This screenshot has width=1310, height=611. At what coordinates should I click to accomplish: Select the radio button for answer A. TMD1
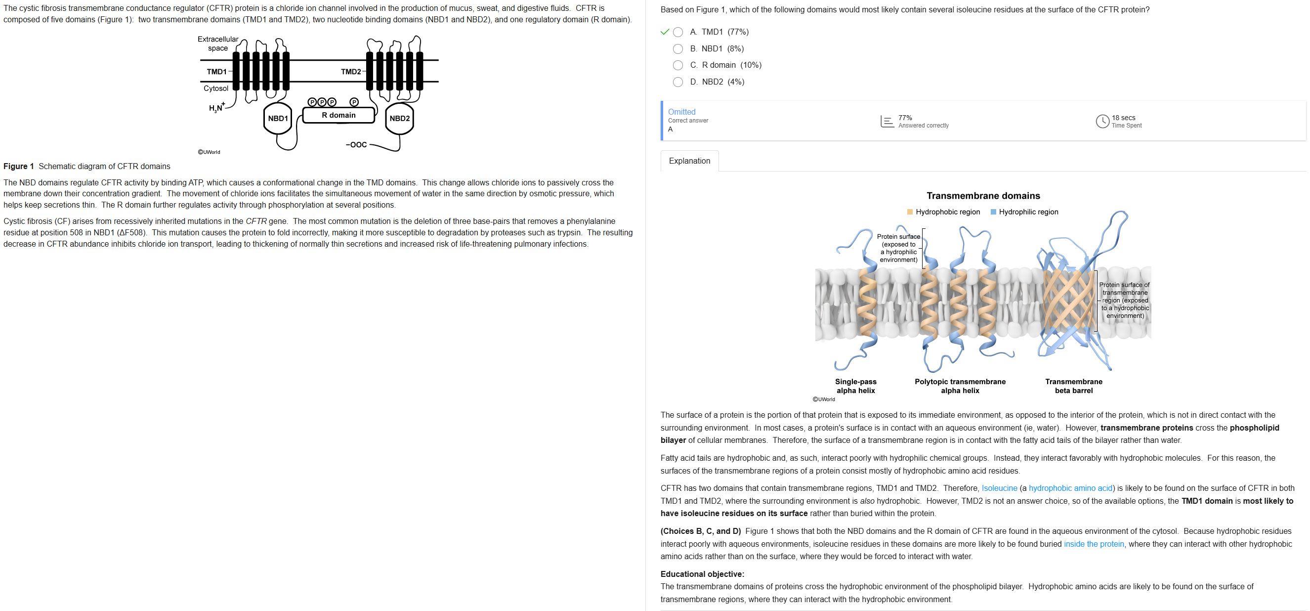677,32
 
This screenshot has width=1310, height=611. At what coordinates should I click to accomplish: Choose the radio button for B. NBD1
677,49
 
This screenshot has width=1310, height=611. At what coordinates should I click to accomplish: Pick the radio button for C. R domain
677,65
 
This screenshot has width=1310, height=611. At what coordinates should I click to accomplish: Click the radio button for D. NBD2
677,82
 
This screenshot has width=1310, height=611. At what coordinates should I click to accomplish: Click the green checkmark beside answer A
664,32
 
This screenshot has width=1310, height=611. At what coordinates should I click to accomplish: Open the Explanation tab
689,161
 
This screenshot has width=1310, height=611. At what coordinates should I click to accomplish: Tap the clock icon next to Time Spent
1102,121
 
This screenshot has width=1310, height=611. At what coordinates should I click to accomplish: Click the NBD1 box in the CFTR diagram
278,119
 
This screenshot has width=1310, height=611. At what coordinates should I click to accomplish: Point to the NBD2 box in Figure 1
399,119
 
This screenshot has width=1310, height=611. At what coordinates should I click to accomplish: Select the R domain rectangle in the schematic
338,116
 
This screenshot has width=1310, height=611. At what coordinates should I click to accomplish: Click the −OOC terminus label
356,145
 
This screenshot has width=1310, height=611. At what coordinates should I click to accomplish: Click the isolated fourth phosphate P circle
354,102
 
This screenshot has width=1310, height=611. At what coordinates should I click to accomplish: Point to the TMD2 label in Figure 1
351,72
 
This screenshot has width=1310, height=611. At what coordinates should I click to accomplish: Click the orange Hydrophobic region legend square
910,212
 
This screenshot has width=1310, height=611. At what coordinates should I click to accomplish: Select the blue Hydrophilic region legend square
993,212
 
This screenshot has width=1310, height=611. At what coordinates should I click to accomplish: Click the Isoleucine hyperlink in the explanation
999,488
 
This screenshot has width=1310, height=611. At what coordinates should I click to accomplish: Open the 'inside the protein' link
1094,544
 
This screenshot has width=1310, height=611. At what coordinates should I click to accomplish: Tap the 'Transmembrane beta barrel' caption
1073,386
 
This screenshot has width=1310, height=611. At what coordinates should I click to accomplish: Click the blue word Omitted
681,112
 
